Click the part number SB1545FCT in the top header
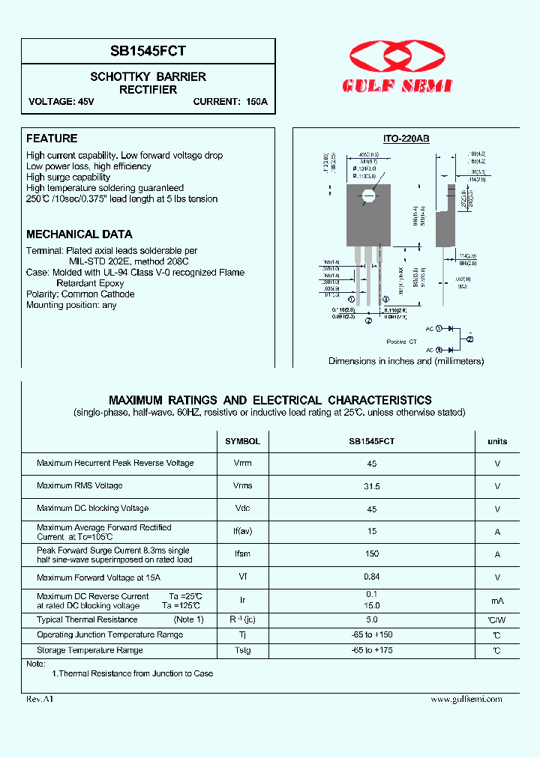148,51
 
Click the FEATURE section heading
52,139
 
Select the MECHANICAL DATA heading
79,234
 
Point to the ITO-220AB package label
406,139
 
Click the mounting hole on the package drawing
368,197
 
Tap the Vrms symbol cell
243,486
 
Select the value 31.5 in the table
371,486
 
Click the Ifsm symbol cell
243,554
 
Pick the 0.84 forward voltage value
371,577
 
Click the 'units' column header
497,441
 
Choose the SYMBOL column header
243,441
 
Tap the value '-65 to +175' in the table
371,650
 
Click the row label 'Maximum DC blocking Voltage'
92,509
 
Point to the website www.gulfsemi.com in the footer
466,699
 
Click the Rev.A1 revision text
40,699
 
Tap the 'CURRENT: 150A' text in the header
230,102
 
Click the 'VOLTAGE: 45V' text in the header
61,102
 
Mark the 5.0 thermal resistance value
371,619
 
